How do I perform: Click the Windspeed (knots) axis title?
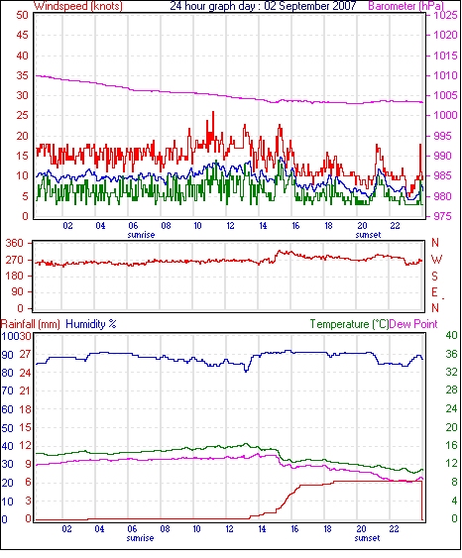coord(78,6)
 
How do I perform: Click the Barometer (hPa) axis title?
coord(406,6)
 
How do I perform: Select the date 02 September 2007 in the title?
coord(310,6)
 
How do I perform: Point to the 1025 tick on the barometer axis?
coord(445,15)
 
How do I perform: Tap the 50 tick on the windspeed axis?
coord(22,15)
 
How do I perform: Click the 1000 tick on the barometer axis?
coord(445,115)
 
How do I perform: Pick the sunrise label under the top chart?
coord(141,235)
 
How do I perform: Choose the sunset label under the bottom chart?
coord(367,538)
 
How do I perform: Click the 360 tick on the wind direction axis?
coord(15,244)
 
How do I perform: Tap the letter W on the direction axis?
coord(436,260)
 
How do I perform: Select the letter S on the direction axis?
coord(434,277)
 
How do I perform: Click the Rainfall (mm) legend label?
coord(31,324)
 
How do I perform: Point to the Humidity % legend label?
coord(91,324)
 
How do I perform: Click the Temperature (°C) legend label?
coord(349,324)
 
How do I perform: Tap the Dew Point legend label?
coord(413,324)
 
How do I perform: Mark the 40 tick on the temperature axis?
coord(451,335)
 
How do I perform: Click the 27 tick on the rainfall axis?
coord(25,355)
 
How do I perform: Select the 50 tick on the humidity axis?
coord(8,428)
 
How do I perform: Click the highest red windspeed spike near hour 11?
coord(213,112)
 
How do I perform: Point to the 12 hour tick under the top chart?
coord(231,226)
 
